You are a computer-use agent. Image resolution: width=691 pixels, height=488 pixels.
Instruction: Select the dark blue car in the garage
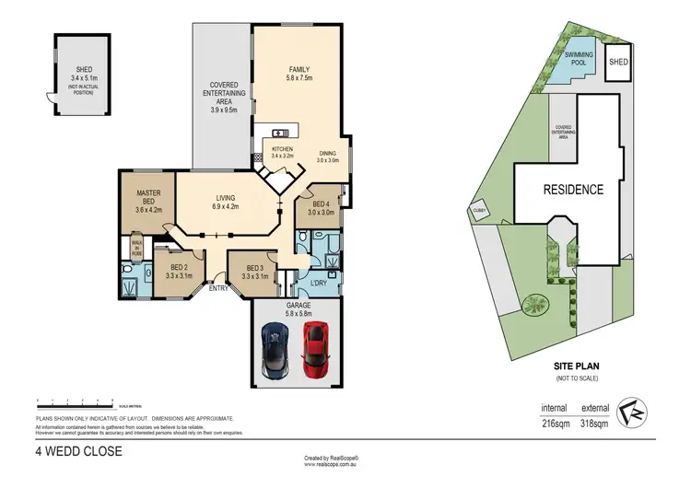[276, 350]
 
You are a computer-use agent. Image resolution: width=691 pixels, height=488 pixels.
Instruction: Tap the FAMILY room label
[299, 70]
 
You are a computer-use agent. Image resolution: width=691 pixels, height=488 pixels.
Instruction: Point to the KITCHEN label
[282, 149]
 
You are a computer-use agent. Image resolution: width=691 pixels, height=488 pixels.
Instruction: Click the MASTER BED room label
[149, 198]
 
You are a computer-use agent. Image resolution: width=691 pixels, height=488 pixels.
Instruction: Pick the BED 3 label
[254, 271]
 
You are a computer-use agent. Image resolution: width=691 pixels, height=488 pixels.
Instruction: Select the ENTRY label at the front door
[219, 288]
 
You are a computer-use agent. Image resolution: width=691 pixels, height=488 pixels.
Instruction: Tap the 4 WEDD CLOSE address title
[79, 452]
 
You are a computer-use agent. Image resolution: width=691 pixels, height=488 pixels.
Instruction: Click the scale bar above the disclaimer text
[74, 401]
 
